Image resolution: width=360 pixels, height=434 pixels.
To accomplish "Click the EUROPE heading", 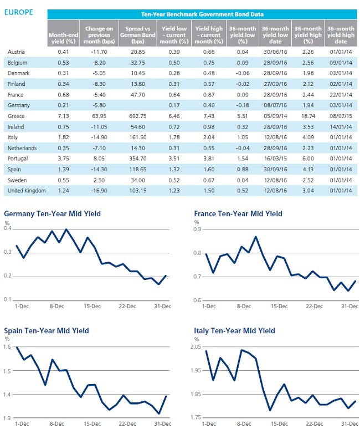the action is (x=18, y=12).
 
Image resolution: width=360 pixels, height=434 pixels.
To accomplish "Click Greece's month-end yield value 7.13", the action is (x=63, y=116).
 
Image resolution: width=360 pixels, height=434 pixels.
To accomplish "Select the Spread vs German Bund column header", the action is (x=138, y=35).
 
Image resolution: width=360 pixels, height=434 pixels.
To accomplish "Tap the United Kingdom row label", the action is (x=27, y=191).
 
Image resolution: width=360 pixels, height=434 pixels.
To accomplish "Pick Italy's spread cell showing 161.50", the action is (x=138, y=137).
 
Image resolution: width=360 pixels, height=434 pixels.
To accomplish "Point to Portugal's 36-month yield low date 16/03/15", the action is (x=275, y=159).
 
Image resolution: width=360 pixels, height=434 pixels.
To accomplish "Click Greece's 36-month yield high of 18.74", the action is (x=308, y=116).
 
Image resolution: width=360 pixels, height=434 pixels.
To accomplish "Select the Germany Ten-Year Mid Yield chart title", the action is (x=52, y=214).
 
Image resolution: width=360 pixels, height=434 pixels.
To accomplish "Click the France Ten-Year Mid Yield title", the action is (x=238, y=214).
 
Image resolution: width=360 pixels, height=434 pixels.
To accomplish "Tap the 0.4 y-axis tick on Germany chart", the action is (x=7, y=228).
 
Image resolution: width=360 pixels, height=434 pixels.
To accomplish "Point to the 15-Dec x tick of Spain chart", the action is (x=92, y=424).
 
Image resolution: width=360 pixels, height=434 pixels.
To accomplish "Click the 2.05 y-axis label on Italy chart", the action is (x=196, y=347).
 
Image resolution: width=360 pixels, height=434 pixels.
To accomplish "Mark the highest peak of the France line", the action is (x=256, y=237).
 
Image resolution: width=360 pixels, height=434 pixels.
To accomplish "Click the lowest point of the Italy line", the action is (x=270, y=410).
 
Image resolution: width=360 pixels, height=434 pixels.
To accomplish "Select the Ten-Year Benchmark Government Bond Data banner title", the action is (x=202, y=14).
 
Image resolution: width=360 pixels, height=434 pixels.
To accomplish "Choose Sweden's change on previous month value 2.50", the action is (x=99, y=181).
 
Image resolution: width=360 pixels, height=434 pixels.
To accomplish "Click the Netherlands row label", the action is (x=22, y=149).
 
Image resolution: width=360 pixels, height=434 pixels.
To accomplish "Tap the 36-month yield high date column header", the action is (x=341, y=35).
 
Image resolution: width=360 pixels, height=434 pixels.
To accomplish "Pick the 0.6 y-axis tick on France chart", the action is (x=197, y=300).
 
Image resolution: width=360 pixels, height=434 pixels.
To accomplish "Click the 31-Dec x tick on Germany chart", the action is (x=163, y=307).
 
